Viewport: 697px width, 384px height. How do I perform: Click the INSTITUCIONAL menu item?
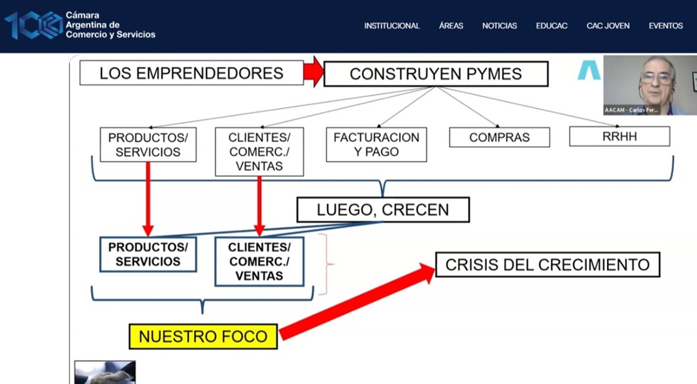tap(392, 26)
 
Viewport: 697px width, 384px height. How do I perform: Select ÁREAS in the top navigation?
tap(451, 26)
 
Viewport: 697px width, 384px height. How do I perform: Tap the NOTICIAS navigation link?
tap(499, 26)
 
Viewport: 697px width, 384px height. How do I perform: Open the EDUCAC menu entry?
tap(551, 26)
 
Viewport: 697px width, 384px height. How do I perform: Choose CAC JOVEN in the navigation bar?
tap(608, 26)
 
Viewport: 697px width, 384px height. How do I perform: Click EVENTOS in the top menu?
tap(665, 26)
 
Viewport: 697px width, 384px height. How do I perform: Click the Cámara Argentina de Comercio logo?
tap(80, 25)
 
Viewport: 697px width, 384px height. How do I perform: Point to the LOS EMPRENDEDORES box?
tap(191, 73)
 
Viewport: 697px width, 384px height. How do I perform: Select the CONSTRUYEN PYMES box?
tap(436, 74)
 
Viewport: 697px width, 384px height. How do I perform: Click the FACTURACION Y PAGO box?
tap(376, 145)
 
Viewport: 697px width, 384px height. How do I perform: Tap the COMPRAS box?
tap(499, 138)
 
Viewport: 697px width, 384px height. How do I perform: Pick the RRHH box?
tap(619, 136)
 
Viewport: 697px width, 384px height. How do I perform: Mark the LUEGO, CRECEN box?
tap(383, 210)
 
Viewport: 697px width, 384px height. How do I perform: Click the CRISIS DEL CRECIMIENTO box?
tap(547, 265)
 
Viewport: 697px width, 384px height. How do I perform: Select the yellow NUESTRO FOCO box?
tap(203, 336)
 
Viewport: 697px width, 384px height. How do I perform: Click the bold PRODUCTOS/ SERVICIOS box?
tap(147, 254)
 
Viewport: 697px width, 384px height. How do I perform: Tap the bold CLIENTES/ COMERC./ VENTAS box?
tap(259, 262)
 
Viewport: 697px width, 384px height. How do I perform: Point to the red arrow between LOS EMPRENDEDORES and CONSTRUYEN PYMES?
tap(314, 72)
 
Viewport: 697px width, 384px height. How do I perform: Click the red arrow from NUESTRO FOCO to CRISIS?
tap(357, 302)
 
